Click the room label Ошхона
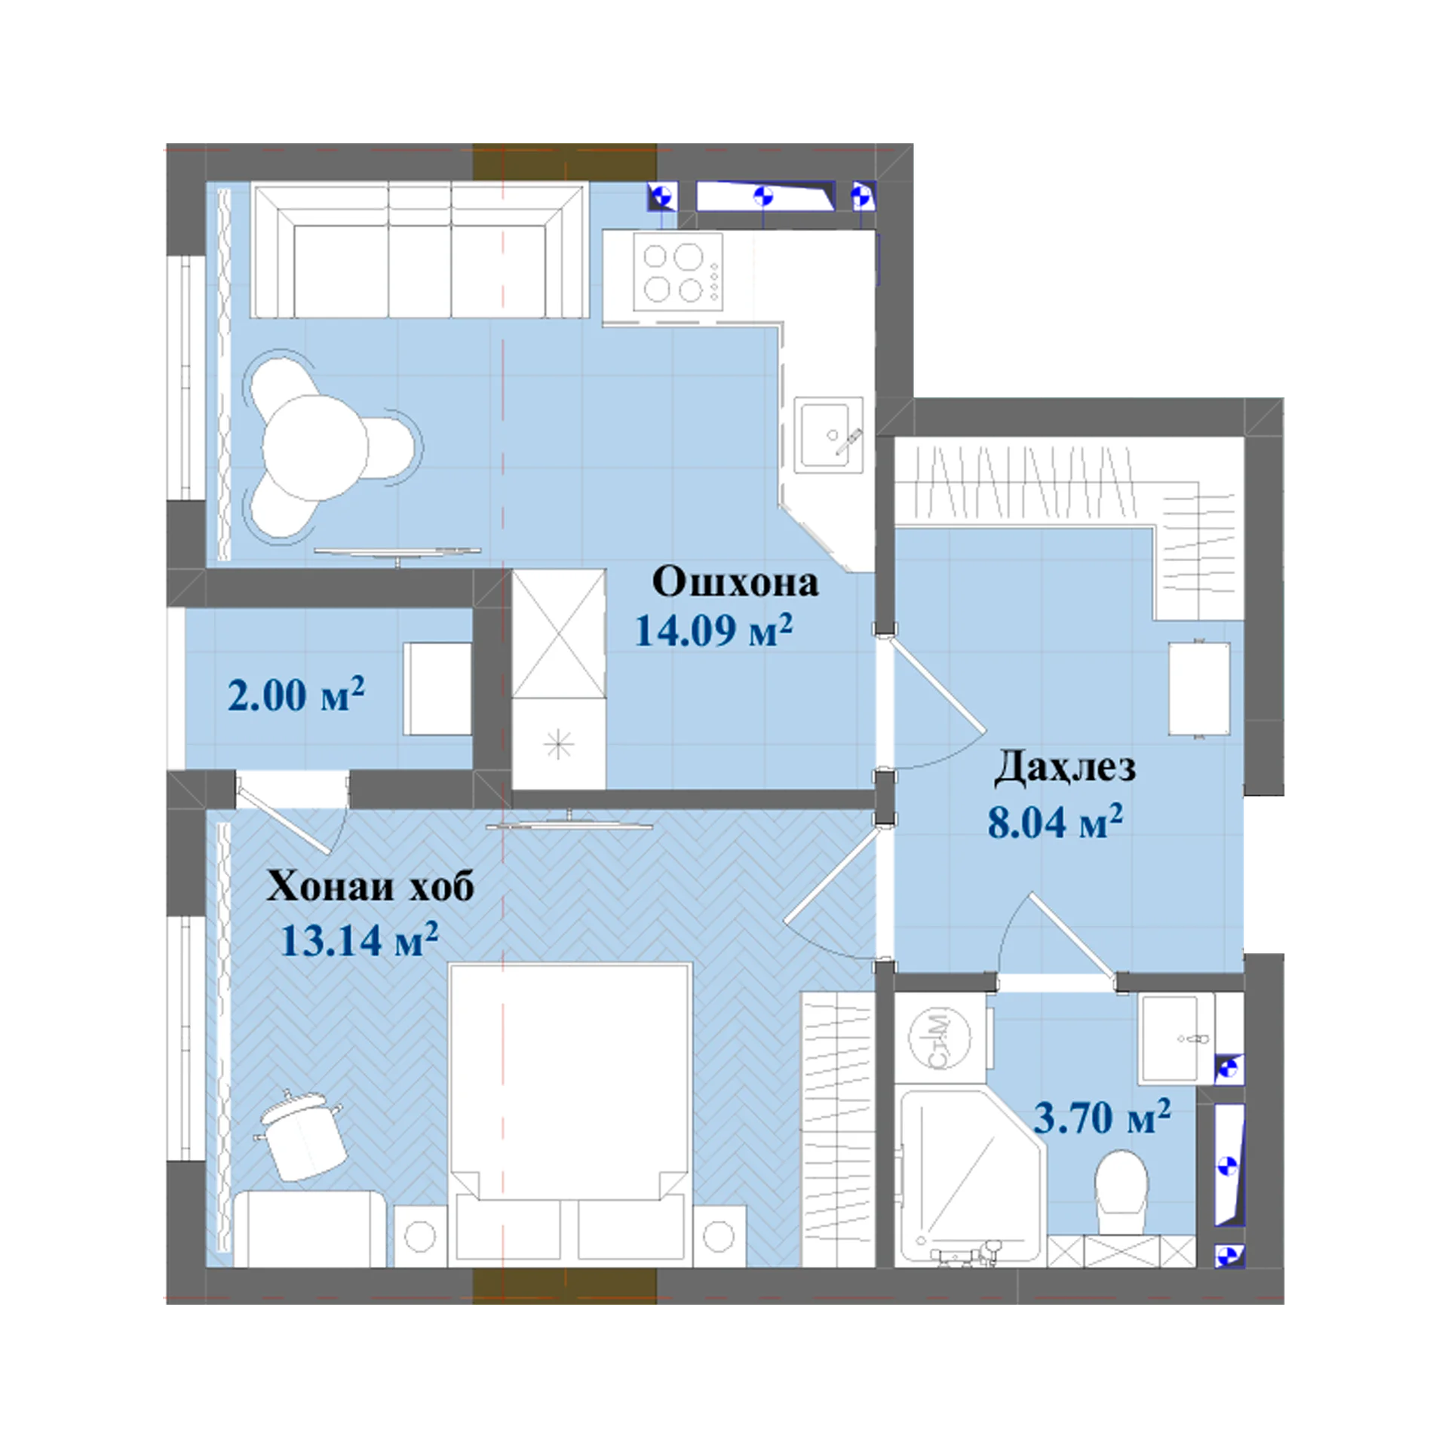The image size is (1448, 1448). [735, 583]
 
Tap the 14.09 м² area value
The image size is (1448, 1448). [713, 630]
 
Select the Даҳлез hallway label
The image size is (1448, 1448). [1064, 768]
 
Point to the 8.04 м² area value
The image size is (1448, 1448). [1055, 821]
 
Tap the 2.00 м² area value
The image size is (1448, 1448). [296, 695]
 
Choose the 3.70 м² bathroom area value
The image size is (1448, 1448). [1102, 1117]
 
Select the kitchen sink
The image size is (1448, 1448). [829, 435]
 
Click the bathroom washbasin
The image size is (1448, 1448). [1176, 1039]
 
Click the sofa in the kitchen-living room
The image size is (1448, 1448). [419, 251]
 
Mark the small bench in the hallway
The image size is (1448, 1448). [1199, 688]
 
